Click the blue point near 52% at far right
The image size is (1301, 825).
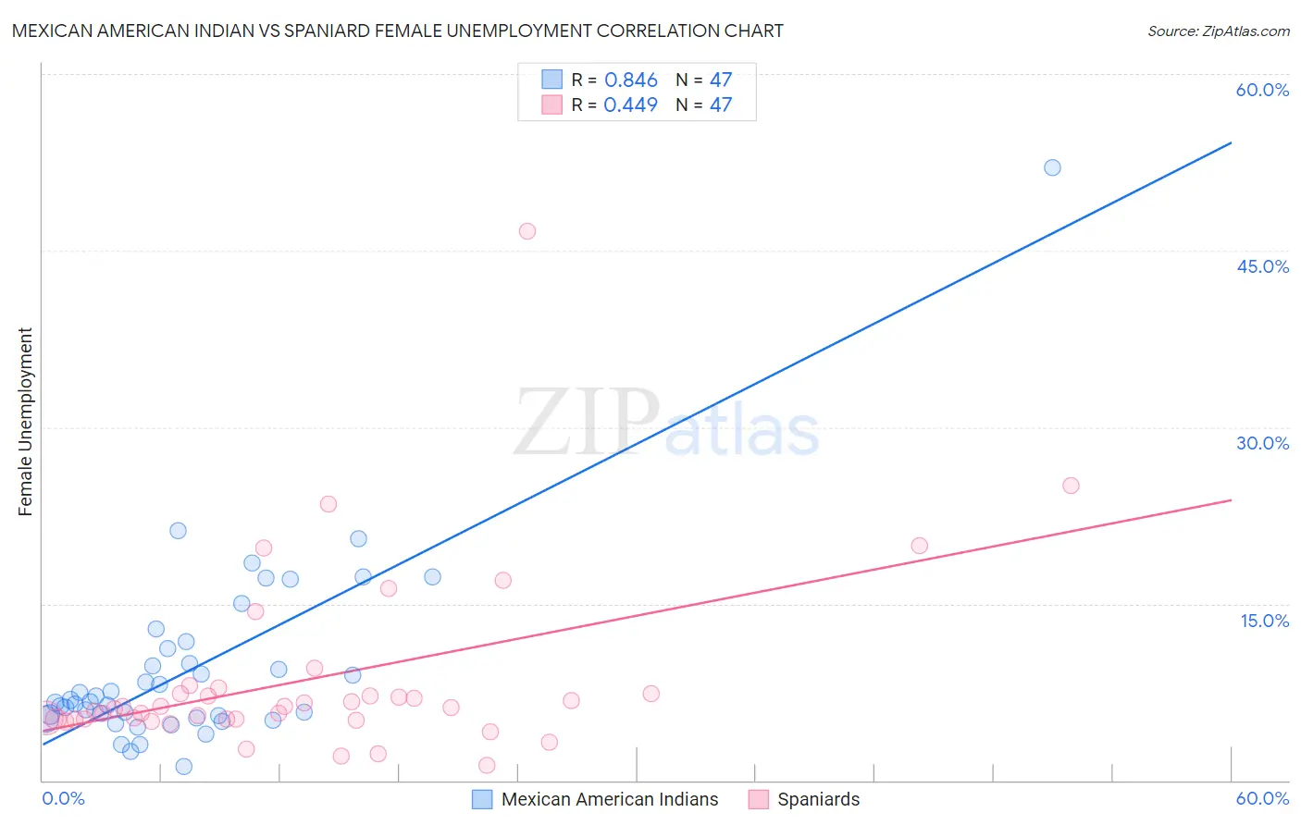pyautogui.click(x=1052, y=167)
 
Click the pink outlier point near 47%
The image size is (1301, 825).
pyautogui.click(x=527, y=231)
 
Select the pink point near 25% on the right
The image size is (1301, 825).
pyautogui.click(x=1071, y=486)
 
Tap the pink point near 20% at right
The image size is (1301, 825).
pyautogui.click(x=919, y=546)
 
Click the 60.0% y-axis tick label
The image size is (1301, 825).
pyautogui.click(x=1262, y=90)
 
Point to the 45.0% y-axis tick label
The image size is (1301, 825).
pyautogui.click(x=1262, y=266)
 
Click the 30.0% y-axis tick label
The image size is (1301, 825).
pyautogui.click(x=1262, y=443)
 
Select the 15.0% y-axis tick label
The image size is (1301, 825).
pyautogui.click(x=1264, y=621)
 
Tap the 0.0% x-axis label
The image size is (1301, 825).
pyautogui.click(x=63, y=798)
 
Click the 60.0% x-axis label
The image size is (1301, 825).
pyautogui.click(x=1262, y=798)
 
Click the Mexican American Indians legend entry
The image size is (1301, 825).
pyautogui.click(x=609, y=799)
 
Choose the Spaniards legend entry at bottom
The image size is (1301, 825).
pyautogui.click(x=818, y=799)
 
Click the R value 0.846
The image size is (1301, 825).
pyautogui.click(x=630, y=80)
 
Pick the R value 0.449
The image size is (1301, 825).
pyautogui.click(x=630, y=105)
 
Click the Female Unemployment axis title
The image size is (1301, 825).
pyautogui.click(x=25, y=422)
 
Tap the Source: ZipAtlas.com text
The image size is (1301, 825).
pyautogui.click(x=1218, y=31)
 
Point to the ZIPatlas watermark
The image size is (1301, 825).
pyautogui.click(x=666, y=424)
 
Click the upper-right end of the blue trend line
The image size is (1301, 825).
pyautogui.click(x=1231, y=142)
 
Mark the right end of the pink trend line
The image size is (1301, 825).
pyautogui.click(x=1231, y=499)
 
